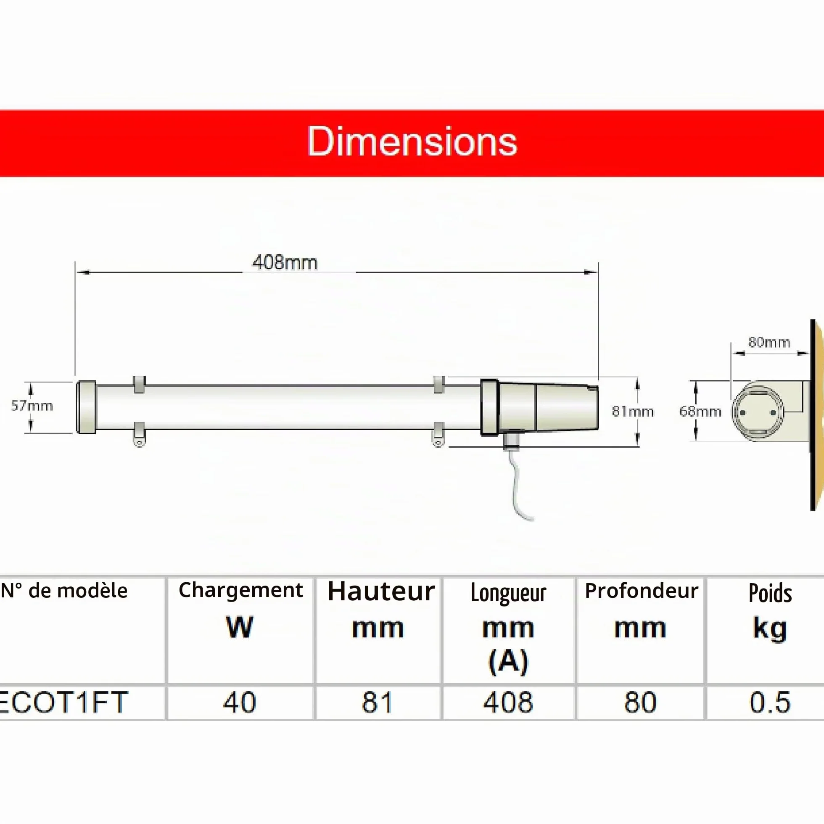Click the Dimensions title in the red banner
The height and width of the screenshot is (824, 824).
point(412,142)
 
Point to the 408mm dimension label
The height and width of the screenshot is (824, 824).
point(285,262)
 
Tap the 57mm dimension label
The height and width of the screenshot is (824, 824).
point(32,406)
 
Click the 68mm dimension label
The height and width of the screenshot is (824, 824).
point(700,411)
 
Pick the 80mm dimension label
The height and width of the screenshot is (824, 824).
point(769,342)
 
